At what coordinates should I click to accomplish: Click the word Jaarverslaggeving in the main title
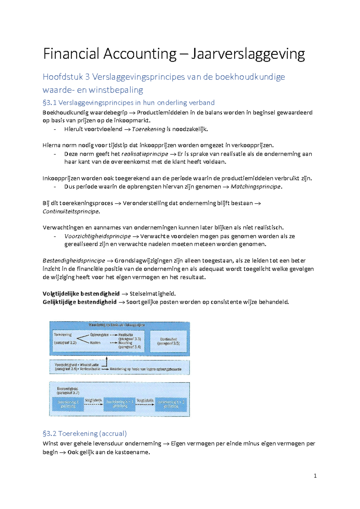248,54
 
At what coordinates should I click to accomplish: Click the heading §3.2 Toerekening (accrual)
85,433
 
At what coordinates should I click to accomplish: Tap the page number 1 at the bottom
315,476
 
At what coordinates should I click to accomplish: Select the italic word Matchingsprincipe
256,187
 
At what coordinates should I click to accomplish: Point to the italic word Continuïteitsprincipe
70,212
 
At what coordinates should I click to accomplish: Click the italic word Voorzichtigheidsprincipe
97,236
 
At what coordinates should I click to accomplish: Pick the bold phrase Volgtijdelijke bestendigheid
81,294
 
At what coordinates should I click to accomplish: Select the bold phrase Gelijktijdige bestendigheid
79,302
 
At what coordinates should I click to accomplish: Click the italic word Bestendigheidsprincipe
74,261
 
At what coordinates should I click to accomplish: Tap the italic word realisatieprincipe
145,154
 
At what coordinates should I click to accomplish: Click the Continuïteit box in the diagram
168,342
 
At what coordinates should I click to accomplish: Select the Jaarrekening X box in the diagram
68,404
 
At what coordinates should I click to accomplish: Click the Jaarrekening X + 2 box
171,404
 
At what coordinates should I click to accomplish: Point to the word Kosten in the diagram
95,343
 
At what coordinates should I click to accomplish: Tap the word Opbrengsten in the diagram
99,335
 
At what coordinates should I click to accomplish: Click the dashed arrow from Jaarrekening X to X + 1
93,404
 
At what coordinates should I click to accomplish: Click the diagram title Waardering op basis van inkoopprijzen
117,325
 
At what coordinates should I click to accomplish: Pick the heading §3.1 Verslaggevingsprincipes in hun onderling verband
128,103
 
